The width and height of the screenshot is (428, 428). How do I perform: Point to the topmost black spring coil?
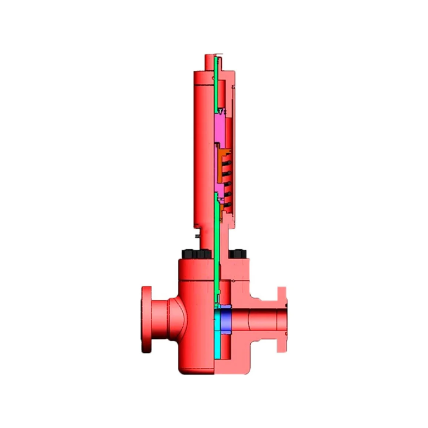coord(227,160)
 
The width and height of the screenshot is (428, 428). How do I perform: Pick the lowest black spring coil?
coord(227,200)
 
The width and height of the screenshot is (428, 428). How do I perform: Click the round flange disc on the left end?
coord(147,319)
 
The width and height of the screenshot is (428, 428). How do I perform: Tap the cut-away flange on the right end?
coord(281,319)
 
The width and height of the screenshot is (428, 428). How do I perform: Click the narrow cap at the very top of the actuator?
coord(210,62)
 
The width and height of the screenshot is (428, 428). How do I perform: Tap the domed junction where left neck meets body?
coord(183,318)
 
